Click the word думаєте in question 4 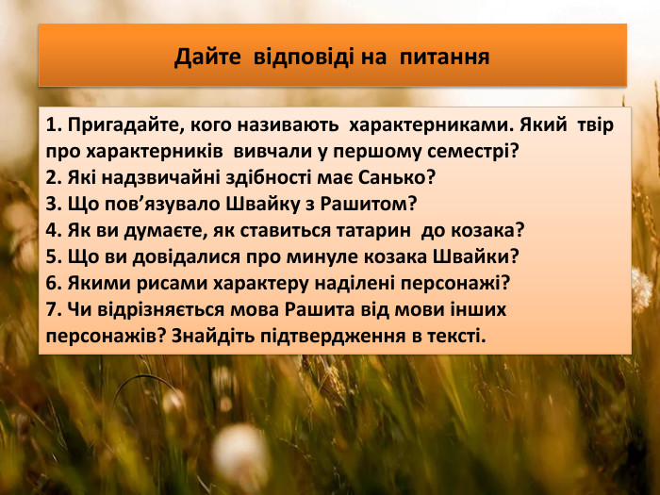[162, 229]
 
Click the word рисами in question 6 [160, 282]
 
